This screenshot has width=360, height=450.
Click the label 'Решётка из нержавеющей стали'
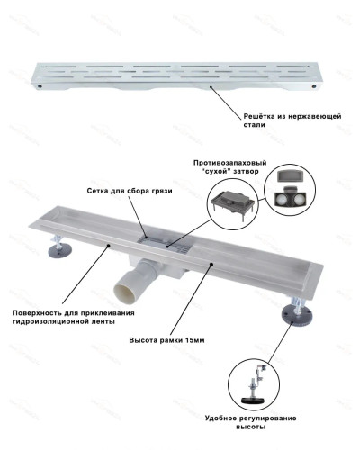pos(292,121)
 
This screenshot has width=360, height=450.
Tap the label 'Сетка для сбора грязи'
pos(130,191)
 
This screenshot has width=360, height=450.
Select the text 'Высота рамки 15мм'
pos(166,340)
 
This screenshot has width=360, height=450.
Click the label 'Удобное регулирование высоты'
pos(251,422)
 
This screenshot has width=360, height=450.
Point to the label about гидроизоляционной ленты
pos(74,317)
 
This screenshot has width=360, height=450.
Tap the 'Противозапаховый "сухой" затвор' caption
pos(230,167)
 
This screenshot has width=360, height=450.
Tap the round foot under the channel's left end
pos(59,250)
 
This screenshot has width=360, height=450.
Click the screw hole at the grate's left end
pos(40,86)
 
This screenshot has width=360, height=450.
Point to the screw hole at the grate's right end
pos(314,86)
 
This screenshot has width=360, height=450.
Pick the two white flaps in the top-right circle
pos(290,198)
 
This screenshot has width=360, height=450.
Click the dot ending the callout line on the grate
pos(211,86)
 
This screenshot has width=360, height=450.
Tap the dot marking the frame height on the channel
pos(211,264)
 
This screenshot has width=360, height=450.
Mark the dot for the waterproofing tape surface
pos(108,246)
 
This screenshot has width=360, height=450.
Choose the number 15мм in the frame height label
pos(195,340)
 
